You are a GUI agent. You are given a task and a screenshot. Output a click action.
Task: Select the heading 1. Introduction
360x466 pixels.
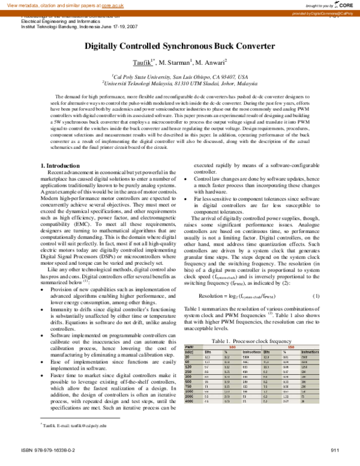(63, 148)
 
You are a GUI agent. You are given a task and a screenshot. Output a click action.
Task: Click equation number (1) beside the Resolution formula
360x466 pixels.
(316, 280)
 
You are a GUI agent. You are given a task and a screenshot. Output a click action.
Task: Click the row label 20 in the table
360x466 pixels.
(187, 340)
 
